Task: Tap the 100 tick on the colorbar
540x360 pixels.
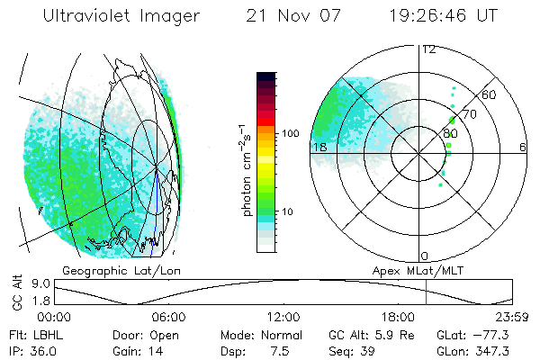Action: tap(291, 133)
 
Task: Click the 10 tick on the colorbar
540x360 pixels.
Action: tap(288, 212)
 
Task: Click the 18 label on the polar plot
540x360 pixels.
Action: tap(319, 147)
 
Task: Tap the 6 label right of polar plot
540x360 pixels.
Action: tap(522, 147)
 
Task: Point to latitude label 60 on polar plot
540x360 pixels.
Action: tap(490, 94)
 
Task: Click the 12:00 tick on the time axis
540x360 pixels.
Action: tap(283, 317)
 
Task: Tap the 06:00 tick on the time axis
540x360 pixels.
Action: tap(168, 317)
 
